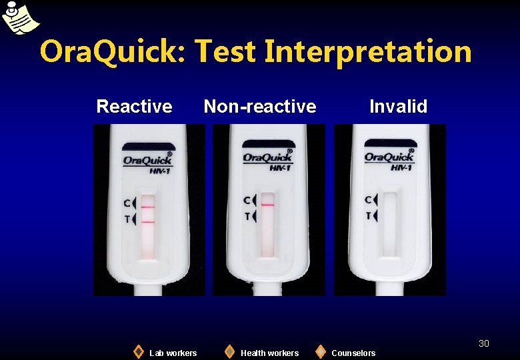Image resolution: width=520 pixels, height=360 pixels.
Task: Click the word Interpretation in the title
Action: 367,52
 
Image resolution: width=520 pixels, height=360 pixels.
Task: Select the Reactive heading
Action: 134,107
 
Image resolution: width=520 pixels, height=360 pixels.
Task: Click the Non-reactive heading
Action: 260,107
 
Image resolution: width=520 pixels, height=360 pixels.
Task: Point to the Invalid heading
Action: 398,107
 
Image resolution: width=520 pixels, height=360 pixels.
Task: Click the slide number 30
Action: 484,343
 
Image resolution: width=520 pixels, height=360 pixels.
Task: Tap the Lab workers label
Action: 173,353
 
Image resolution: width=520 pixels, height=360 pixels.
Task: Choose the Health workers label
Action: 269,353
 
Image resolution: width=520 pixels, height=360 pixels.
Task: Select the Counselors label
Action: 353,353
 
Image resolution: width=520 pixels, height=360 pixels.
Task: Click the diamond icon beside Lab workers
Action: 138,351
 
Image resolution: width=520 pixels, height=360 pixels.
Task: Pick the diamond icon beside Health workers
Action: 229,351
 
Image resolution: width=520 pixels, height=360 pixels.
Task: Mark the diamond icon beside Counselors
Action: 321,351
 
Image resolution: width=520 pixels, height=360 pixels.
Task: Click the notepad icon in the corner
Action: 19,18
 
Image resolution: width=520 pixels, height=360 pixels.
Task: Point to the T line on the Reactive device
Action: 148,221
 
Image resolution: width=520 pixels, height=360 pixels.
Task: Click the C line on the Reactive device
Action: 148,207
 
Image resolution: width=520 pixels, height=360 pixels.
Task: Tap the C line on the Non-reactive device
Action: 267,205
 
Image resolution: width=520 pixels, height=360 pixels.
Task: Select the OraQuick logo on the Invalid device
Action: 389,157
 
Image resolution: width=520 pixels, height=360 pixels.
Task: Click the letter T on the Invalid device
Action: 368,215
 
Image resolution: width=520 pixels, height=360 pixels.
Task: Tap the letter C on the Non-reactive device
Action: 247,200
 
